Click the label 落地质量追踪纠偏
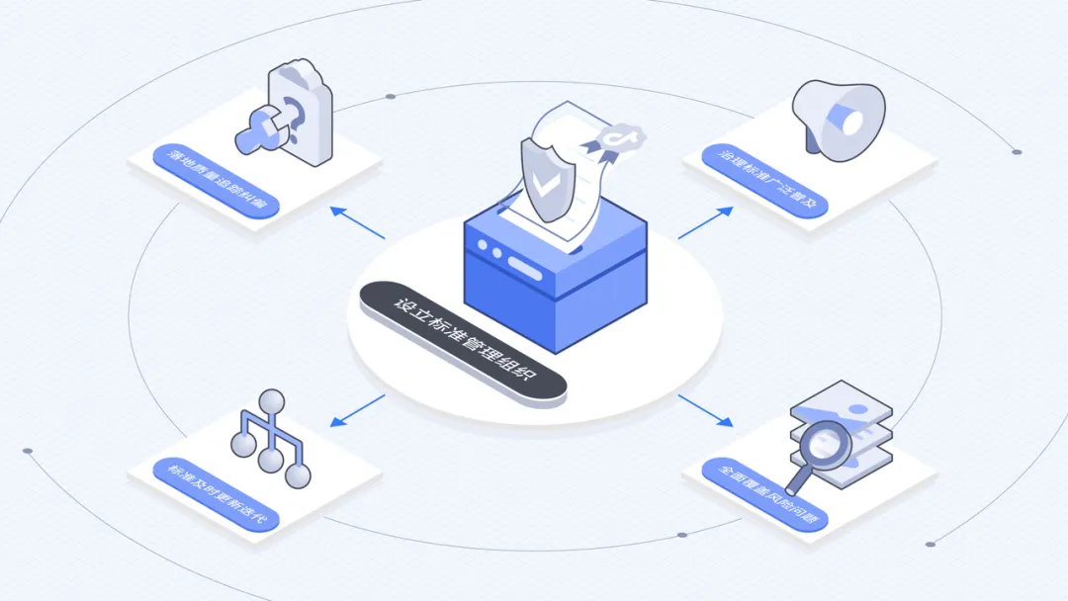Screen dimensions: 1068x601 point(217,181)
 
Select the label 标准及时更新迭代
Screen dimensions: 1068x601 point(219,494)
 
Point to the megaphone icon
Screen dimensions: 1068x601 point(840,118)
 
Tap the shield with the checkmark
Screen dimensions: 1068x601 point(542,178)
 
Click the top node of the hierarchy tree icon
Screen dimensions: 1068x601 point(272,400)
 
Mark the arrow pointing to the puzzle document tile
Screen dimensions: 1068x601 point(357,223)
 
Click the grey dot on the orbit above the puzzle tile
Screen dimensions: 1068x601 point(391,97)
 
